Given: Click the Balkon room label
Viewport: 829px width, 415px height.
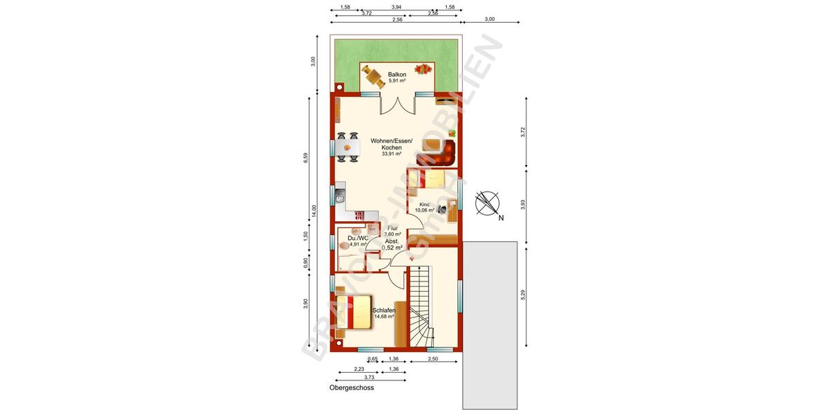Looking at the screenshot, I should [397, 74].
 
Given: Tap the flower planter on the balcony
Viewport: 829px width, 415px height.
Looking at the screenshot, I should [423, 69].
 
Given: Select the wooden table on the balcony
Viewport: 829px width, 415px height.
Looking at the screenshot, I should [373, 76].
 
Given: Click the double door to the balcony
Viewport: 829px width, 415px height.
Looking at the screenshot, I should [397, 105].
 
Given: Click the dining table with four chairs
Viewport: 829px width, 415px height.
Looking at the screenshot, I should [347, 147].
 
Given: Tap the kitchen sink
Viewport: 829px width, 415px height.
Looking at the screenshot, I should [339, 196].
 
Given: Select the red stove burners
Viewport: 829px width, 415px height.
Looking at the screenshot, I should [360, 216].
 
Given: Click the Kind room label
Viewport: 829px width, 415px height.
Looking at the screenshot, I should [425, 205].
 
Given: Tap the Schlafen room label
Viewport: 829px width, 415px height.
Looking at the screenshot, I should [383, 311].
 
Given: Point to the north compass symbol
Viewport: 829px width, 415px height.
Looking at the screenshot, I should [488, 202].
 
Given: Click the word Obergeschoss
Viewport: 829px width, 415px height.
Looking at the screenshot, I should [352, 388].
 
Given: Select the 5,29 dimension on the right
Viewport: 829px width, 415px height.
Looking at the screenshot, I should [523, 294].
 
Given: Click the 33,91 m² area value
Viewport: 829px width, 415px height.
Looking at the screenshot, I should [391, 154].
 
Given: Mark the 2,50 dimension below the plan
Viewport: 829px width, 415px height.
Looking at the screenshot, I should [432, 359].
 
